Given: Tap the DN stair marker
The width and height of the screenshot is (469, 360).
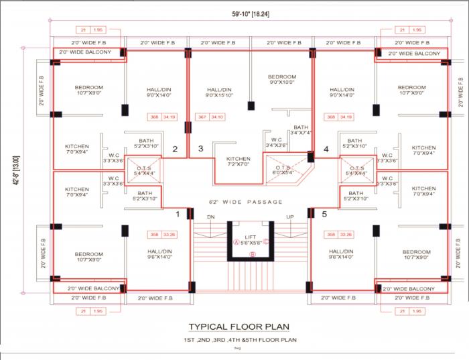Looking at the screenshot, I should point(210,217).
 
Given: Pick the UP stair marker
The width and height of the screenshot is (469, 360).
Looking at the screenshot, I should point(289,217).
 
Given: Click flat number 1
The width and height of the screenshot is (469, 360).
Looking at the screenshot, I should point(178,215).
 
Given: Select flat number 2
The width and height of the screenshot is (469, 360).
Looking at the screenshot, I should point(176,149).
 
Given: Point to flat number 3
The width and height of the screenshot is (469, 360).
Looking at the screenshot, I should point(200,149).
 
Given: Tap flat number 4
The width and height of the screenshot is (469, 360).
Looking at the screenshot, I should point(326,149).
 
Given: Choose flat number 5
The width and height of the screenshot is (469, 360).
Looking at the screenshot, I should point(324,215).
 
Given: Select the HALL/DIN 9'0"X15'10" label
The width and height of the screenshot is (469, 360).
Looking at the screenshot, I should point(219,93).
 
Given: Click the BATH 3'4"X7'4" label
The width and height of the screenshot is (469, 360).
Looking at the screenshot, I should point(300,129).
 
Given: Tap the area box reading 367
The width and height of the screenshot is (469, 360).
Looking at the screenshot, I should point(202,117).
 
